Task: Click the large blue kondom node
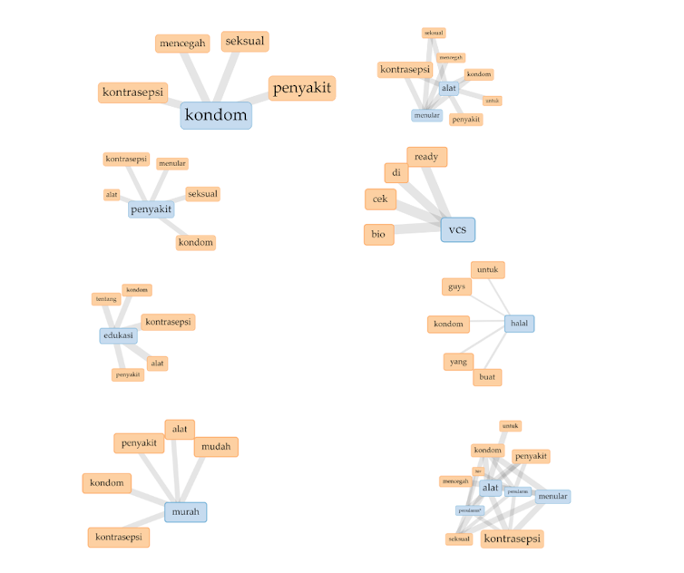tap(215, 115)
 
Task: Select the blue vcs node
tap(457, 229)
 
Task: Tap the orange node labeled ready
tap(426, 157)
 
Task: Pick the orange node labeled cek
tap(380, 199)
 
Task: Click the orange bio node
tap(378, 235)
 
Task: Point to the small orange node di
tap(396, 172)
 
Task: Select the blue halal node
tap(519, 323)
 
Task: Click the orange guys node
tap(457, 286)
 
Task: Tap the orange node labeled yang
tap(459, 361)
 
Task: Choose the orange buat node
tap(487, 376)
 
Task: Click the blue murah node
tap(185, 511)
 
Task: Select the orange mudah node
tap(216, 446)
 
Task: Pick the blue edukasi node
tap(118, 335)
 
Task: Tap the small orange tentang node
tap(105, 299)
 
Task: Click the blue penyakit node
tap(151, 209)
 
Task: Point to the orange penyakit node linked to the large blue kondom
tap(302, 88)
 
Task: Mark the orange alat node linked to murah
tap(180, 429)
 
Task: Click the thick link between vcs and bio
tap(417, 232)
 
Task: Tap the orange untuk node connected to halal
tap(487, 269)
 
